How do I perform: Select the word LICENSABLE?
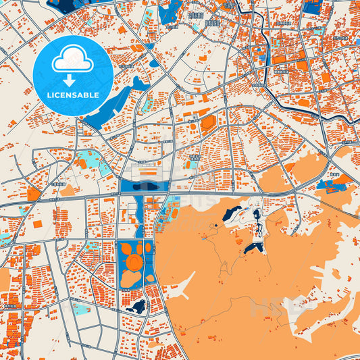point(73,95)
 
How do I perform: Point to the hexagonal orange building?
point(207,122)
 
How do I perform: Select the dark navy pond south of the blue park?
point(137,308)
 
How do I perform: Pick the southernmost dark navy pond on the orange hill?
point(253,249)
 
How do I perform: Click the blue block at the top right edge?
point(312,7)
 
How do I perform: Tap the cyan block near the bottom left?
point(81,309)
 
